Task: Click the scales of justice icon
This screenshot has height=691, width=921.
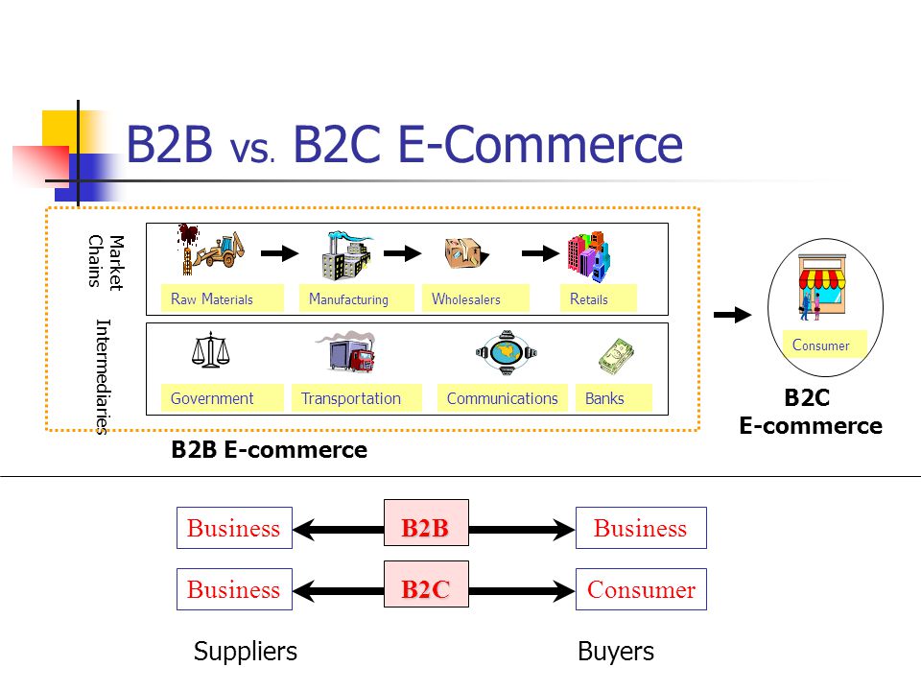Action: click(x=210, y=350)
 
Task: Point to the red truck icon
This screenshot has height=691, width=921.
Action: click(x=346, y=352)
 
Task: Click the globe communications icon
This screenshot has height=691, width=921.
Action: click(x=507, y=352)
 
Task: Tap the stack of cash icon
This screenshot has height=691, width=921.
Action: click(x=616, y=356)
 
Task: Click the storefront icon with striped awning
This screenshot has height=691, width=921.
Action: click(x=822, y=287)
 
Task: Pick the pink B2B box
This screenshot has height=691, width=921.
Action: click(x=426, y=522)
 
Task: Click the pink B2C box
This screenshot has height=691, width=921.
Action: click(x=426, y=584)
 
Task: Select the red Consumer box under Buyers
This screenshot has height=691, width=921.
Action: click(x=641, y=588)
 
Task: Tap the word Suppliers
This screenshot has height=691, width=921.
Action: click(x=246, y=652)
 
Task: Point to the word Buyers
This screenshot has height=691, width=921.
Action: click(x=616, y=651)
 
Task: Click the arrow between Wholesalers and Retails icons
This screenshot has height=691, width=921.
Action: click(x=540, y=253)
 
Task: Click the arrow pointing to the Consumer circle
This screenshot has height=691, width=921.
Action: click(x=732, y=315)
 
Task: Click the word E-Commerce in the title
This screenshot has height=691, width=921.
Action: click(x=540, y=144)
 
